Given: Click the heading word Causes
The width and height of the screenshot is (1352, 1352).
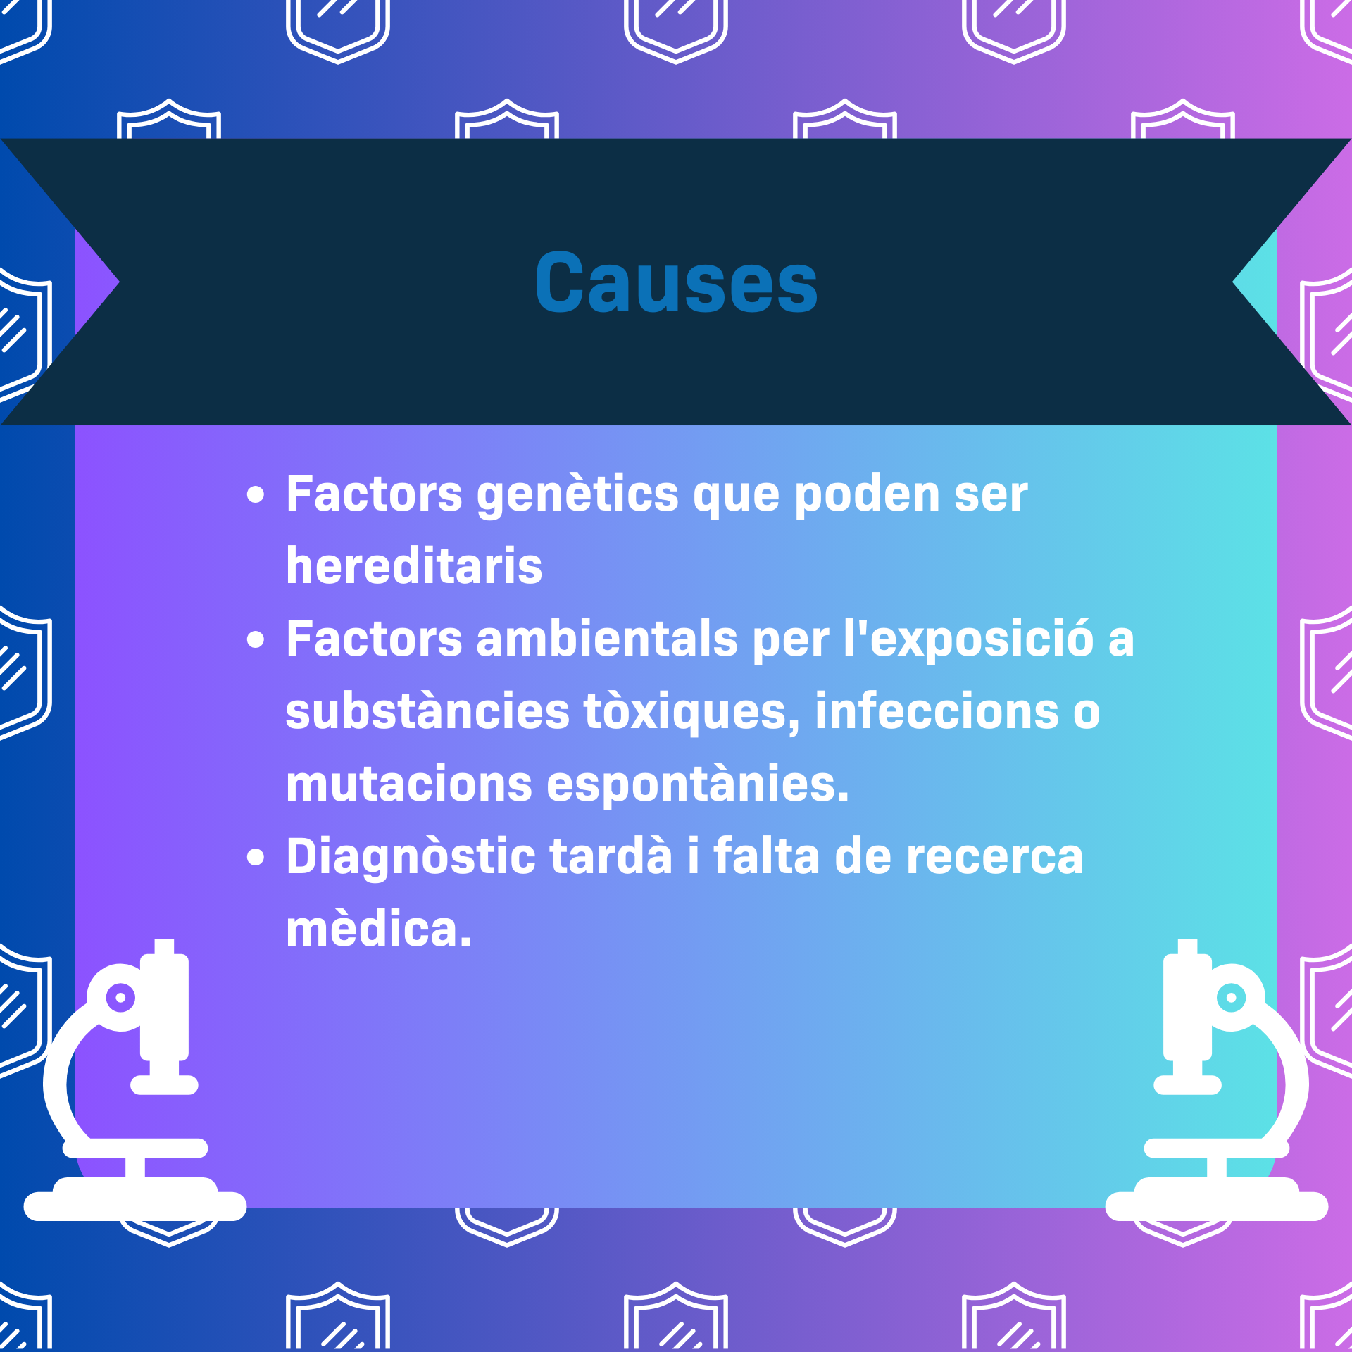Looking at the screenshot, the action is [x=676, y=282].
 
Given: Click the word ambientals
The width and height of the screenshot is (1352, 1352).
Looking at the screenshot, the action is [x=607, y=639].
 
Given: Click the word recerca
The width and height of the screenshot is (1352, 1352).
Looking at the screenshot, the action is [x=994, y=858].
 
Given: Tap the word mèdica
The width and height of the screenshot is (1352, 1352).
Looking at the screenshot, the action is [x=379, y=929].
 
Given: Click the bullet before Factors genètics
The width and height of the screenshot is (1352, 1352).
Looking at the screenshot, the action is [x=256, y=495].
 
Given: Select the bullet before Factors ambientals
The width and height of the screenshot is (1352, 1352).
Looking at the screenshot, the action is [x=256, y=640].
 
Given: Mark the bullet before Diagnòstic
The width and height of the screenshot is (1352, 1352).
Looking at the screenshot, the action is [x=256, y=858].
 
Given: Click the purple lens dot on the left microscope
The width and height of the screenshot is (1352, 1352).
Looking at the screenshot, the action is [x=120, y=997].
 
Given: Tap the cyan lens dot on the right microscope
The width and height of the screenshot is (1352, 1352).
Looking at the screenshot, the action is [x=1231, y=997].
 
